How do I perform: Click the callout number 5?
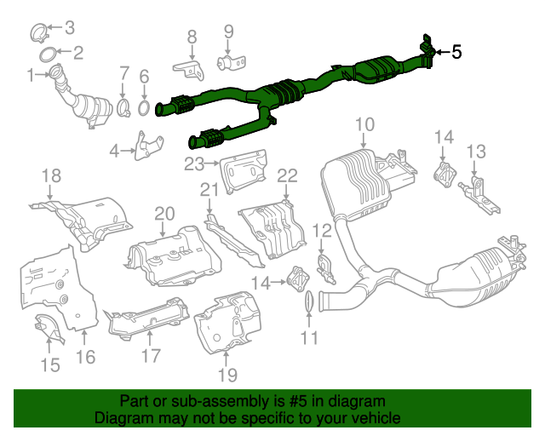point(456,52)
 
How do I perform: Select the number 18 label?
point(52,176)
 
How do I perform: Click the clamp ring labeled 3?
point(39,34)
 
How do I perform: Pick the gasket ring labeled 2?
point(50,56)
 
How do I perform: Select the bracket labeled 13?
point(479,190)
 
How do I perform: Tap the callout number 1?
point(32,76)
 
